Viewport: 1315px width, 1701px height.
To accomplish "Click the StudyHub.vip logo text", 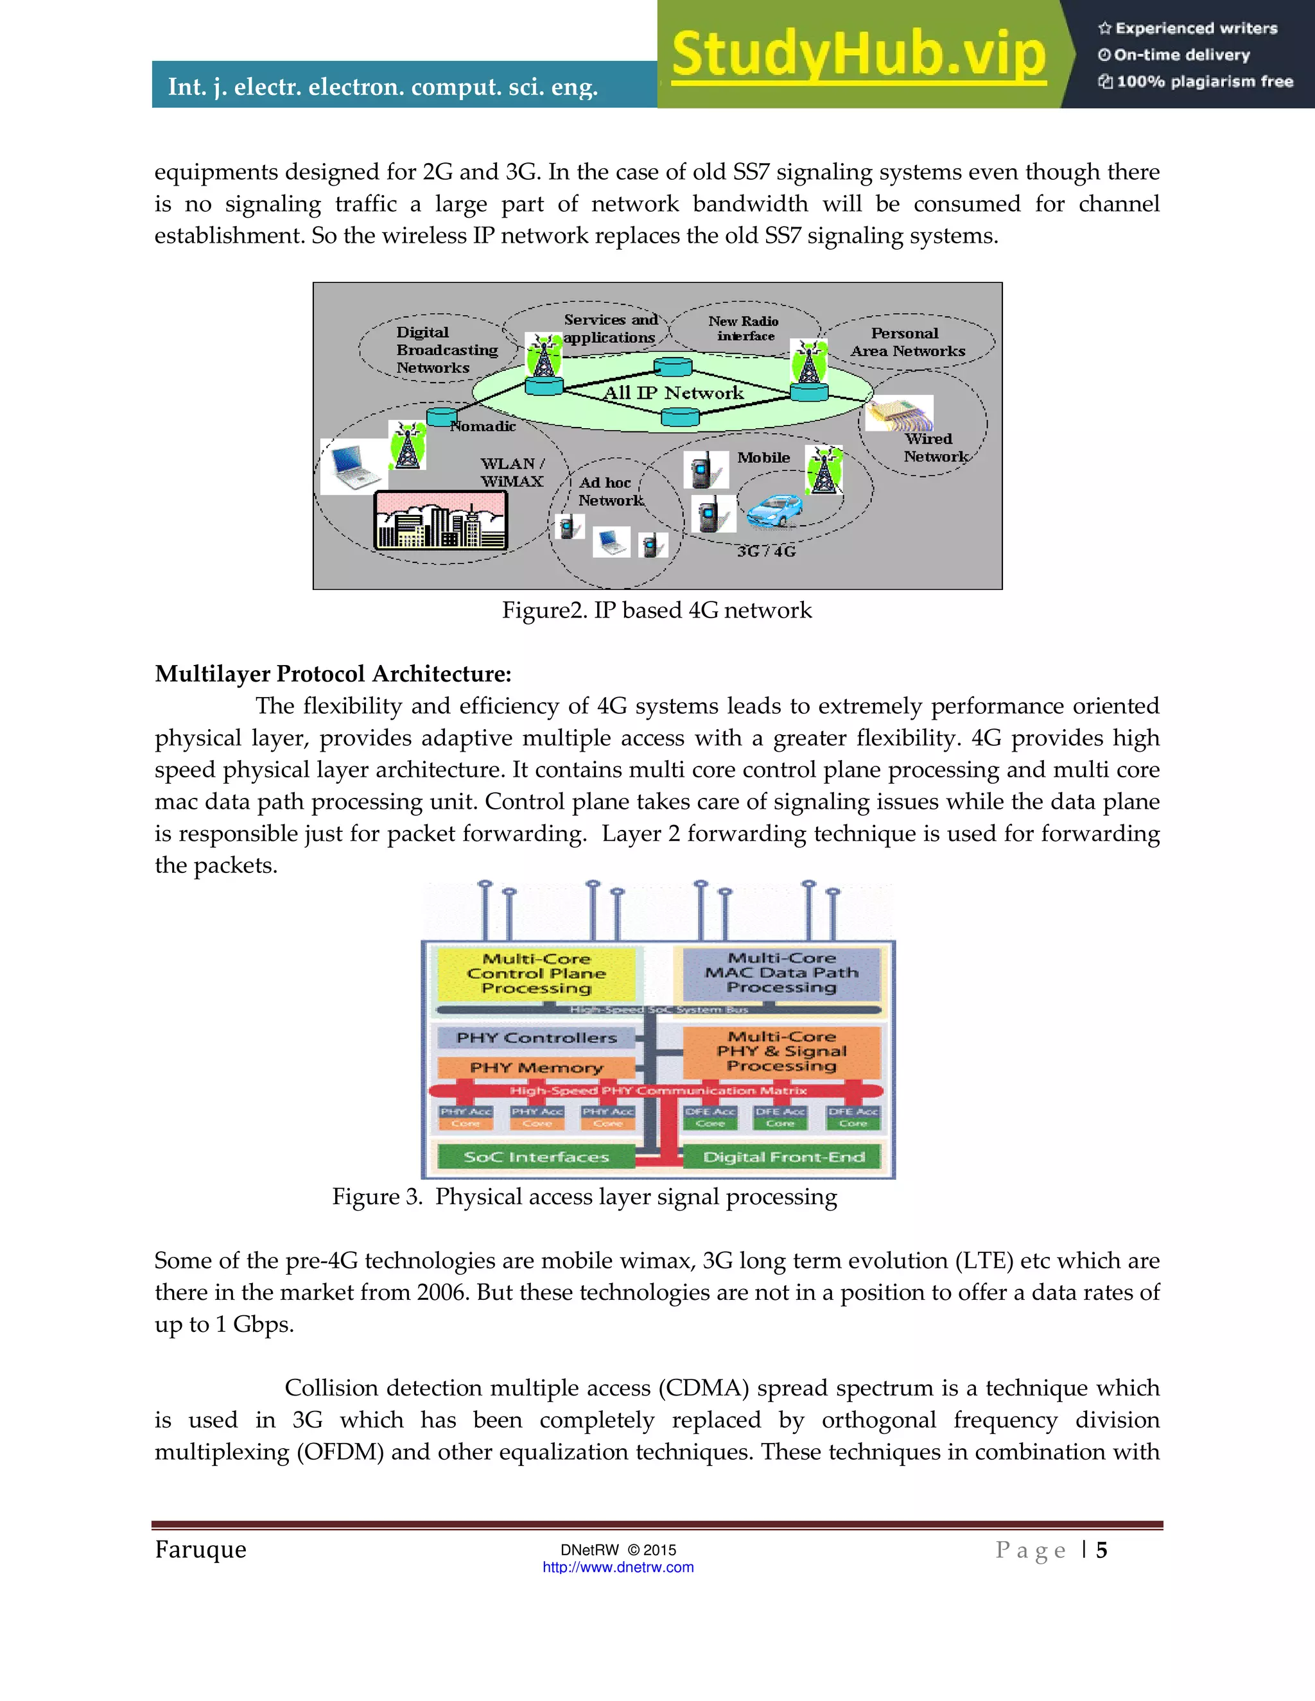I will pos(858,55).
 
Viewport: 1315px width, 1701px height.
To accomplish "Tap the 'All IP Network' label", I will pos(673,393).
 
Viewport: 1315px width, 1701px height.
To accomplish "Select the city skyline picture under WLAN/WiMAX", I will pos(440,521).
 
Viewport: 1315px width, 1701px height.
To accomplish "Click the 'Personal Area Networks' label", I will pos(907,342).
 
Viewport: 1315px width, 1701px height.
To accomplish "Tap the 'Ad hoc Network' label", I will pos(610,492).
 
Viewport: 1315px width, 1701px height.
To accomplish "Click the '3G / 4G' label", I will pos(766,551).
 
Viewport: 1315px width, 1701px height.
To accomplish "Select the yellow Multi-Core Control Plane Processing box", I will pos(537,974).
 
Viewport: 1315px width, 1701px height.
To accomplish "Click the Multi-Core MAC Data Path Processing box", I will pos(781,972).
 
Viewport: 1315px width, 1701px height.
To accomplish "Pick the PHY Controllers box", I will pos(536,1038).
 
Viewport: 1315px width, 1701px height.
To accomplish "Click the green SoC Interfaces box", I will pos(536,1157).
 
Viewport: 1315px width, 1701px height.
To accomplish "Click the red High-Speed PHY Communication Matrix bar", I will pos(657,1091).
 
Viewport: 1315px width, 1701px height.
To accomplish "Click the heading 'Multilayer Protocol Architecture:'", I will pos(333,674).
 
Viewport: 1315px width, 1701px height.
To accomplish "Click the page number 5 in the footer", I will pos(1101,1551).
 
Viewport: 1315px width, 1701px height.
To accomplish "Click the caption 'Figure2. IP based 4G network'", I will pos(656,610).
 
